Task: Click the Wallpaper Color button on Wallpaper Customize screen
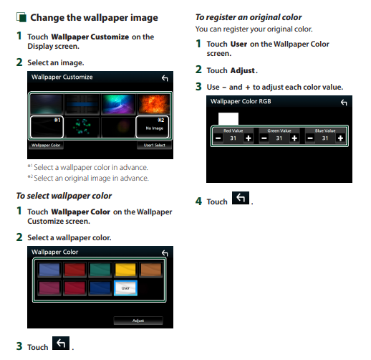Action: point(46,145)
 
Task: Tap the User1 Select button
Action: point(154,145)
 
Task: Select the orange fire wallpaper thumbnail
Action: point(154,104)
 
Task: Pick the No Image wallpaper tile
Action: point(153,127)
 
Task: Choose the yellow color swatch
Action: point(125,270)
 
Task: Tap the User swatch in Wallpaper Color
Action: point(125,288)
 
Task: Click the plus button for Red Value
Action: point(249,138)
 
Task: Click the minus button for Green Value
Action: point(264,138)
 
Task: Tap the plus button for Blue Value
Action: point(340,138)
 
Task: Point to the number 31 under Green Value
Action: point(279,138)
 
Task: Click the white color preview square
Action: point(228,119)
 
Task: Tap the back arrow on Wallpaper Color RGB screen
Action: point(344,103)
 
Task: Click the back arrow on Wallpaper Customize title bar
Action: point(165,78)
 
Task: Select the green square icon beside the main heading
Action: point(21,17)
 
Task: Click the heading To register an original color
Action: point(249,17)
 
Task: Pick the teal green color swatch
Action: point(100,270)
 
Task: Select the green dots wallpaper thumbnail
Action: point(82,127)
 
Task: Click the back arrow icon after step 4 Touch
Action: point(241,198)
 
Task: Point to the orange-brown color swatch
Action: point(151,270)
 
